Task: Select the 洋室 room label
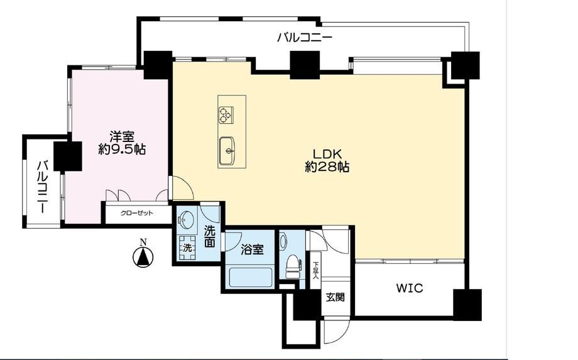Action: pyautogui.click(x=122, y=137)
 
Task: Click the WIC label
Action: pyautogui.click(x=410, y=288)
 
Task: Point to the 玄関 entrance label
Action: pyautogui.click(x=335, y=297)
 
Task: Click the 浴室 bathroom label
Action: pyautogui.click(x=252, y=250)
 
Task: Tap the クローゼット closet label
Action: pyautogui.click(x=137, y=214)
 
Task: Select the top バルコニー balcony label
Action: pyautogui.click(x=305, y=38)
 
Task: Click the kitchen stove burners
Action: pyautogui.click(x=225, y=114)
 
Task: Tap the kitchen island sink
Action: pyautogui.click(x=227, y=151)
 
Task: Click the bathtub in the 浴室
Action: pyautogui.click(x=251, y=278)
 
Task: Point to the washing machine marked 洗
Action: pyautogui.click(x=188, y=248)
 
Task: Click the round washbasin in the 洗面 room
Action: pyautogui.click(x=187, y=219)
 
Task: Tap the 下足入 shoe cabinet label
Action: pyautogui.click(x=315, y=270)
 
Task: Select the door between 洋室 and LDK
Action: pyautogui.click(x=182, y=188)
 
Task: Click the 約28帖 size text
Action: pyautogui.click(x=327, y=167)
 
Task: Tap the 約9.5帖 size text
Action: pyautogui.click(x=122, y=150)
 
